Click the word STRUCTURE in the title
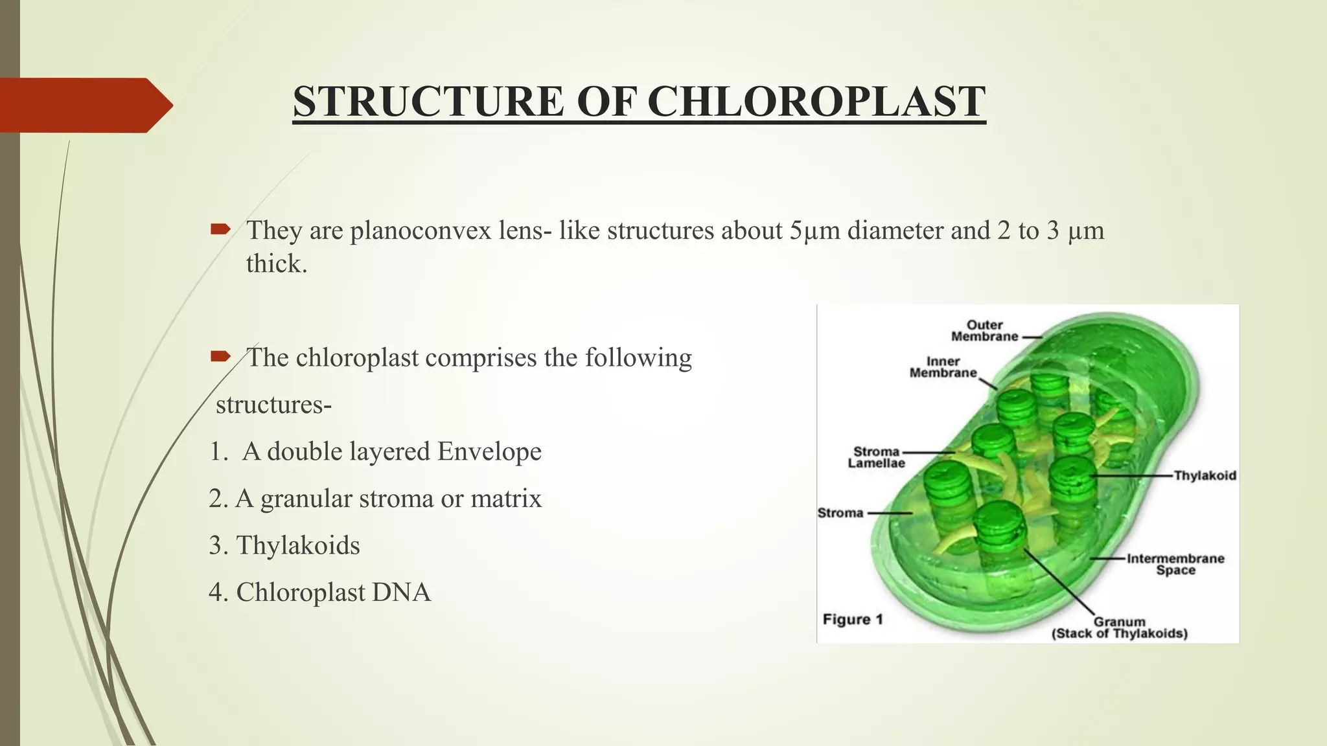(428, 102)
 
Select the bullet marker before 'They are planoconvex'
(220, 229)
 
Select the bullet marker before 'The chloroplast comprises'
(220, 356)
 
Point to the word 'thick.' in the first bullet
(277, 264)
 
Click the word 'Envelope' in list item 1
(489, 451)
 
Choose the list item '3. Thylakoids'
(284, 545)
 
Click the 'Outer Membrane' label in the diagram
(984, 330)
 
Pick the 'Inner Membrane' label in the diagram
(943, 367)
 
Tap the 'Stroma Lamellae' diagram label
(876, 457)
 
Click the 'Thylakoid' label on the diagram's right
(1205, 475)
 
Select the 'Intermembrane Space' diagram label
(1175, 564)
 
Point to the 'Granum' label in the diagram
(1120, 622)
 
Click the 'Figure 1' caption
(853, 619)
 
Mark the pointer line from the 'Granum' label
(1059, 582)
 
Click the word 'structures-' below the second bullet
(273, 405)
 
